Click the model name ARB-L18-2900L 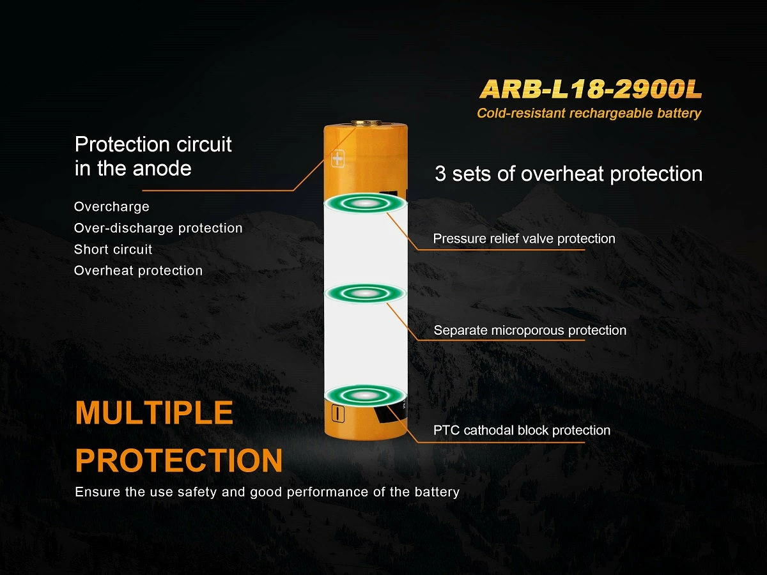pos(591,89)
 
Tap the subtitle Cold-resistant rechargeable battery pos(589,113)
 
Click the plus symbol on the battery pos(337,159)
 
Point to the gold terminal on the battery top pos(366,123)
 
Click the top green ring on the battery pos(365,203)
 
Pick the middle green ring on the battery pos(365,293)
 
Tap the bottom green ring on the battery pos(365,395)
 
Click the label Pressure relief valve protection pos(524,239)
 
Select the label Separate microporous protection pos(530,330)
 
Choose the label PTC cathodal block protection pos(522,430)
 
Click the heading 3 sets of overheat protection pos(568,174)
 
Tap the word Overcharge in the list pos(111,206)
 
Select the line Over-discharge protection pos(158,228)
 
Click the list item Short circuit pos(113,249)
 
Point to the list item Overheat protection pos(138,270)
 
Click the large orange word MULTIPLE pos(154,413)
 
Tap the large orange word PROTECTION pos(178,460)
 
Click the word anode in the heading pos(162,169)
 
